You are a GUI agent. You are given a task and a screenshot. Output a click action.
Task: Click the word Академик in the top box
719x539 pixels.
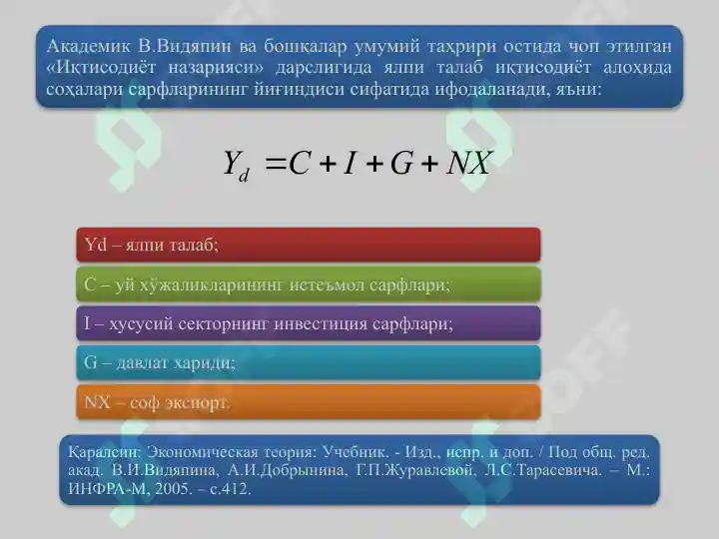click(86, 46)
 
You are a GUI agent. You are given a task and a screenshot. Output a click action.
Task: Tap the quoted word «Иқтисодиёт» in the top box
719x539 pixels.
click(101, 68)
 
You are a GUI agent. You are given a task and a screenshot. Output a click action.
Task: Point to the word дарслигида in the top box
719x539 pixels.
click(324, 68)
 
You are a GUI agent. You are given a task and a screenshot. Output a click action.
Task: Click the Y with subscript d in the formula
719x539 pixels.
click(236, 166)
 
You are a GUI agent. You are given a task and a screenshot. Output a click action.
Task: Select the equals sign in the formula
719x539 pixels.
click(276, 164)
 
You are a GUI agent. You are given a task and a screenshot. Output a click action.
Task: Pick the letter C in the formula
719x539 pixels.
click(300, 163)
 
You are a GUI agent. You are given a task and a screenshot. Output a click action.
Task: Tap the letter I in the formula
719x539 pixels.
click(350, 163)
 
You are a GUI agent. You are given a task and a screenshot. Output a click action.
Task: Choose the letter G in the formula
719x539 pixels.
click(401, 163)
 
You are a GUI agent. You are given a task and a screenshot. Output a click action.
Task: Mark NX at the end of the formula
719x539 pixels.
click(469, 163)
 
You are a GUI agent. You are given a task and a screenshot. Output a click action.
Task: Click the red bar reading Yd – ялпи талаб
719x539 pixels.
click(309, 245)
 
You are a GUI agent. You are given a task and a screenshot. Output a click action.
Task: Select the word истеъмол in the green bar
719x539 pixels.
click(327, 285)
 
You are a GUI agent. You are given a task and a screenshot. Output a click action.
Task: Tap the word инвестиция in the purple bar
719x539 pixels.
click(321, 324)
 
